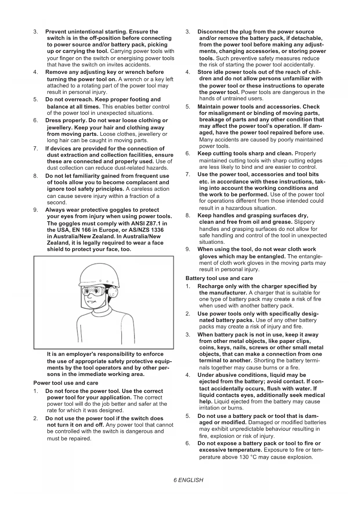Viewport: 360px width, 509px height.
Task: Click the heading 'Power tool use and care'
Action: pos(66,383)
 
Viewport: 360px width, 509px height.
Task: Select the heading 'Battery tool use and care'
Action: pos(219,278)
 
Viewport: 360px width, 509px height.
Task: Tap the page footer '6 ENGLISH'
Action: pos(189,480)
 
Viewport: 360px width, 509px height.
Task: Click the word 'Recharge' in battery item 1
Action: pos(210,286)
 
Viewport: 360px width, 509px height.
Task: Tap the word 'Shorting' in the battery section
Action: pos(265,360)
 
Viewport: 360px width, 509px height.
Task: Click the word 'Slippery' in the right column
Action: pos(304,222)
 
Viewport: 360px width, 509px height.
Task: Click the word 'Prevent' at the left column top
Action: pos(56,32)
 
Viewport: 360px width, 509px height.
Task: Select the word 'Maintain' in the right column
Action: pos(209,107)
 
